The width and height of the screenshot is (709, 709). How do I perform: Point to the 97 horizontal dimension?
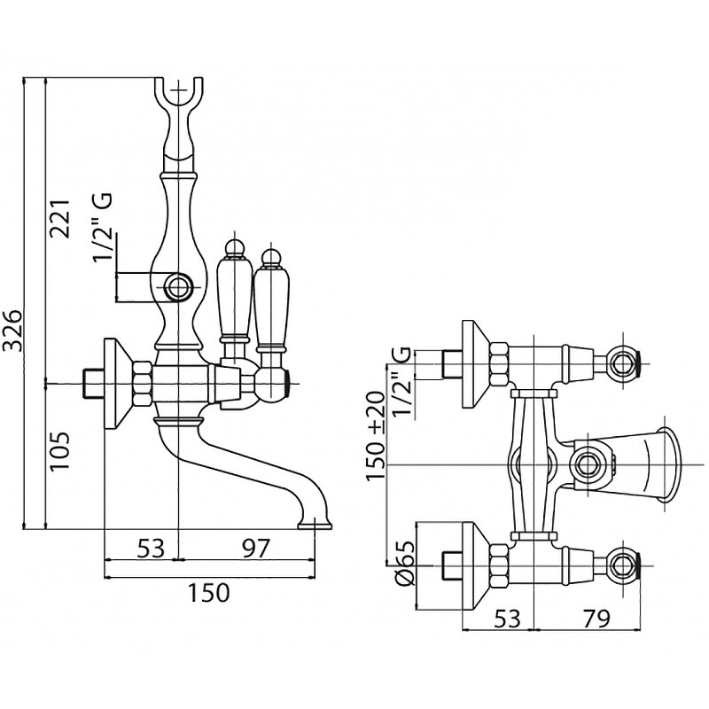coord(254,549)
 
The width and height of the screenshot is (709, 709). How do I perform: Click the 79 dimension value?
coord(594,619)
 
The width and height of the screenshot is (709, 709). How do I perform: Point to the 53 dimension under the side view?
coord(151,549)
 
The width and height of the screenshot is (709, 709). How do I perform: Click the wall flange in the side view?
coord(115,382)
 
